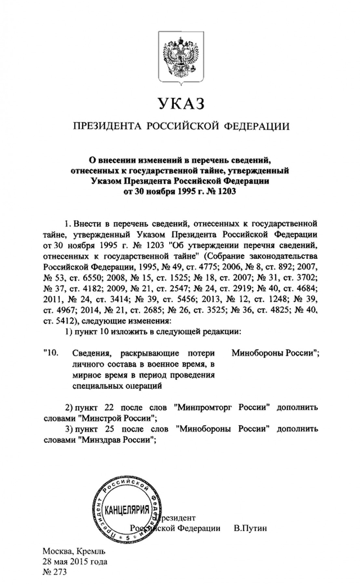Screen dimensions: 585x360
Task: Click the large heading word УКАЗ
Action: click(181, 104)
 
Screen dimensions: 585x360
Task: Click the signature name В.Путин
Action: click(250, 528)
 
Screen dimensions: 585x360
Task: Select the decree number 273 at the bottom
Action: click(60, 572)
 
